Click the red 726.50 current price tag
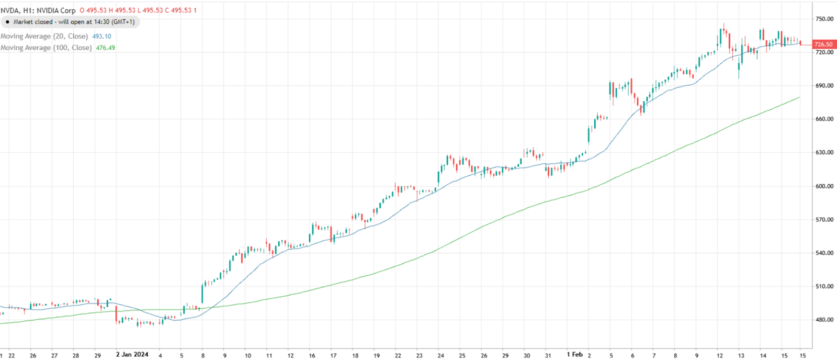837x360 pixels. pos(823,44)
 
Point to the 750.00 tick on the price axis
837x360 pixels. pos(824,19)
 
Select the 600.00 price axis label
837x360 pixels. pos(824,186)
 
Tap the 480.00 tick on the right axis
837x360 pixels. pos(824,320)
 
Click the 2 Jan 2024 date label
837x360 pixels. pos(132,355)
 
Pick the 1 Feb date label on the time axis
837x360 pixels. pos(574,355)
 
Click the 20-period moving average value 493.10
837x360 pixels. pos(101,36)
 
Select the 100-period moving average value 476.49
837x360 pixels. pos(105,48)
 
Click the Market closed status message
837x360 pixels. pos(74,22)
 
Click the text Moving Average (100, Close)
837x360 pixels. pos(46,48)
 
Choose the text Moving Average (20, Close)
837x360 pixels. pos(44,36)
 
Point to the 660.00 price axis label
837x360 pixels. pos(824,119)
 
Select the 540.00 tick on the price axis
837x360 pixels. pos(824,253)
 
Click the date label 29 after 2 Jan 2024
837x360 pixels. pos(505,355)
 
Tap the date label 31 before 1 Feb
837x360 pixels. pos(548,355)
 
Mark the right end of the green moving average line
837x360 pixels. pos(799,97)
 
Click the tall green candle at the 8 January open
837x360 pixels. pos(202,293)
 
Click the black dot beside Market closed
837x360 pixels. pos(7,22)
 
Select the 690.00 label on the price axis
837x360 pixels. pos(824,86)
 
